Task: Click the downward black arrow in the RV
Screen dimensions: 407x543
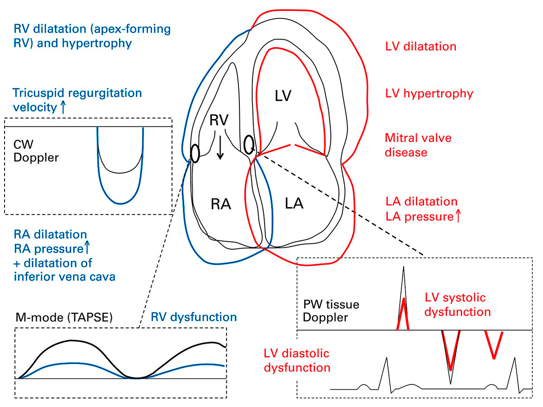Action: pos(220,148)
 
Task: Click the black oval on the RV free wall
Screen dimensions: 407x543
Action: pos(195,153)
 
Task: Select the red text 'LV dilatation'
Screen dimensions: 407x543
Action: pos(421,47)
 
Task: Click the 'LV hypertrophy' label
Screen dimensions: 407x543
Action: pos(429,94)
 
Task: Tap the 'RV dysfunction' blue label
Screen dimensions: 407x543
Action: pos(194,317)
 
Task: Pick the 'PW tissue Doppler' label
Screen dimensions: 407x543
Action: pos(331,311)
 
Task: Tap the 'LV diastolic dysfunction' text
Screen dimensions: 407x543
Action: pos(296,360)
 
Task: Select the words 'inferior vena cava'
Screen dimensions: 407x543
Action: pos(64,276)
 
